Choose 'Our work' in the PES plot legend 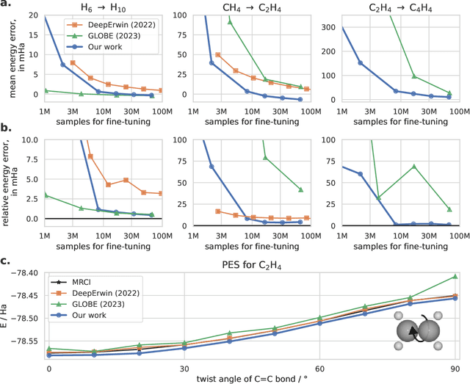(x=89, y=311)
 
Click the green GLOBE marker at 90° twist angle (x=455, y=277)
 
